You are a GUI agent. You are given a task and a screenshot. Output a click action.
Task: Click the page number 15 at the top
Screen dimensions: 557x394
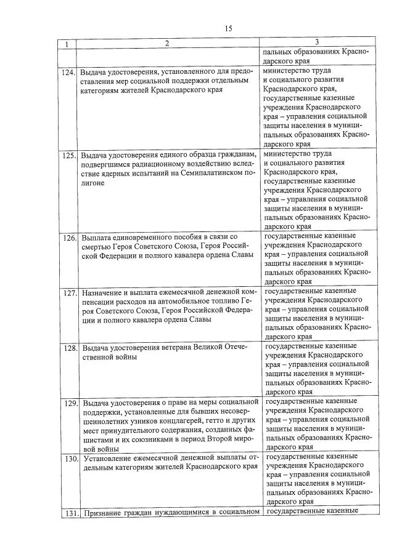click(228, 29)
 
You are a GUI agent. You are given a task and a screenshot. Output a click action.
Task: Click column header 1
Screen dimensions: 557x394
click(67, 43)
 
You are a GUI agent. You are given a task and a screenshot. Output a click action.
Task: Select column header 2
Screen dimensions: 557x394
click(166, 43)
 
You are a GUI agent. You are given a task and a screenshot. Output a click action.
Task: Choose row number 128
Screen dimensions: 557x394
click(68, 348)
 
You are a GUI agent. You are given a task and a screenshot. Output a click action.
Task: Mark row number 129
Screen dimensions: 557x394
click(68, 404)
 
